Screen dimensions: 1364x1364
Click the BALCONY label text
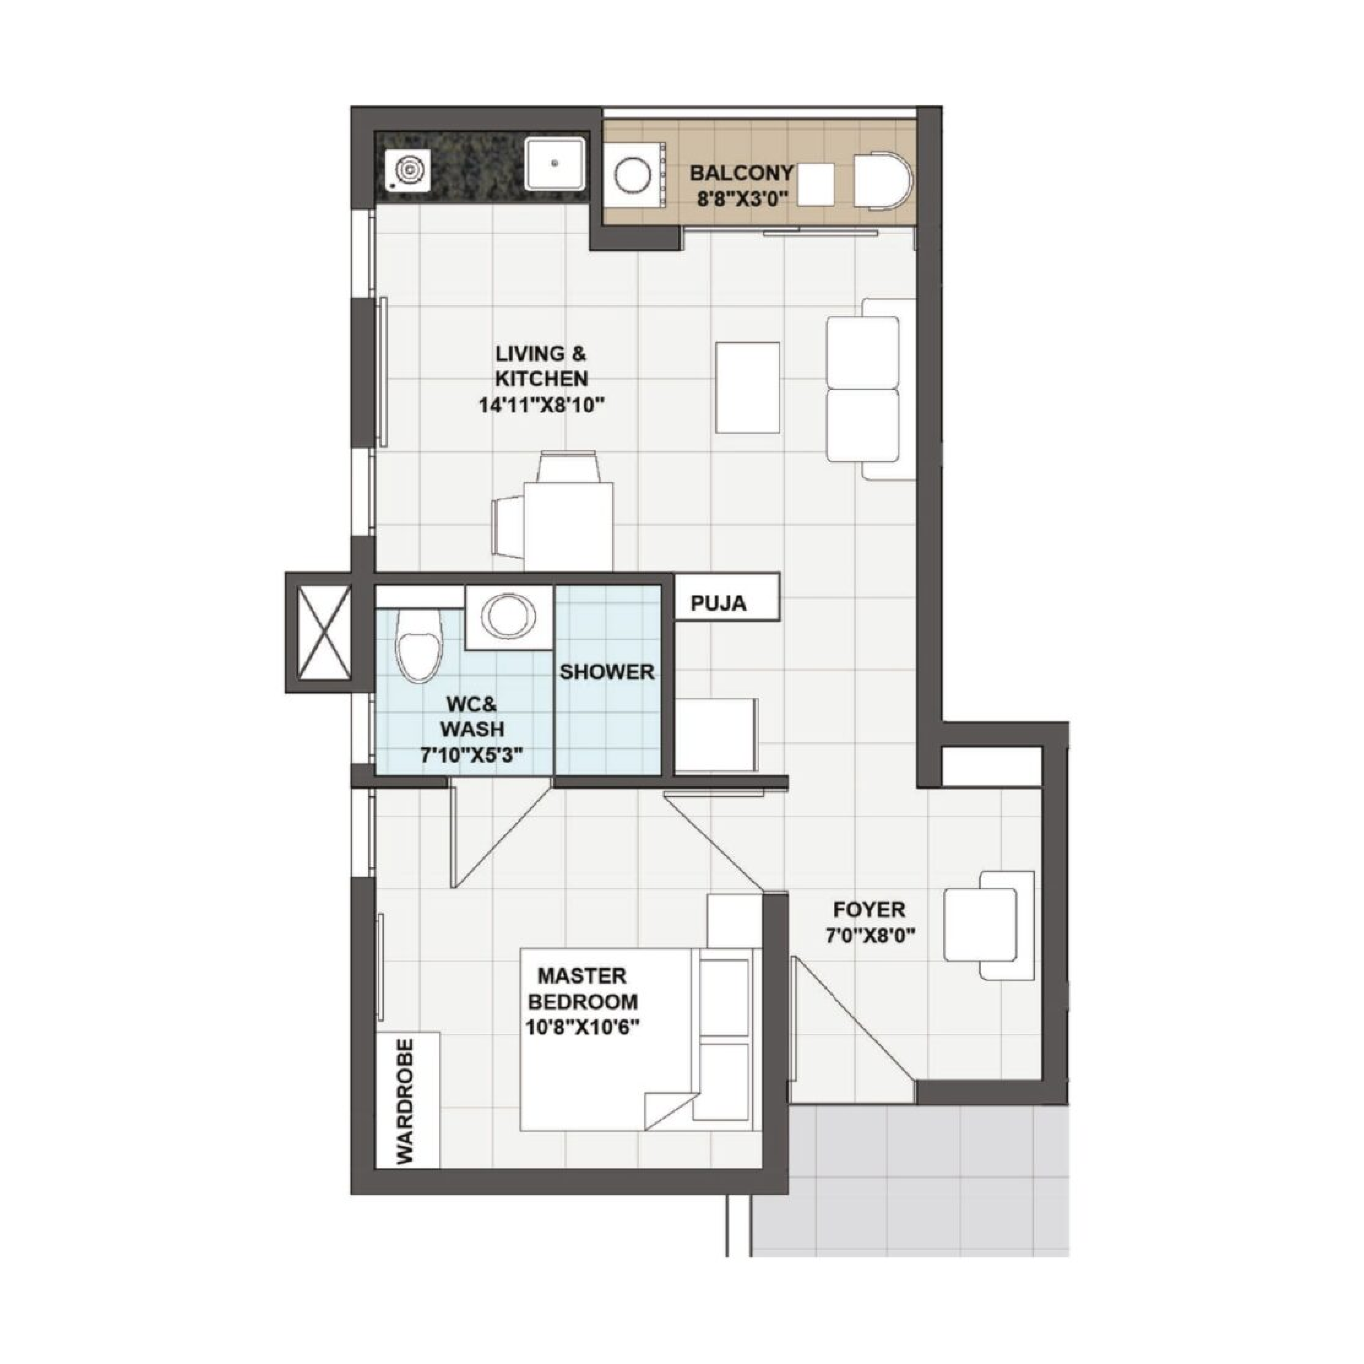point(741,173)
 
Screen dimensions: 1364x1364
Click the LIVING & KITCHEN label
point(541,366)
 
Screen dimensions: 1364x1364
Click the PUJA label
point(719,604)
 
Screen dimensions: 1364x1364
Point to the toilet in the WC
point(419,645)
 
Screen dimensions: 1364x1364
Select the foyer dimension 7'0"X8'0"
point(870,936)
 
